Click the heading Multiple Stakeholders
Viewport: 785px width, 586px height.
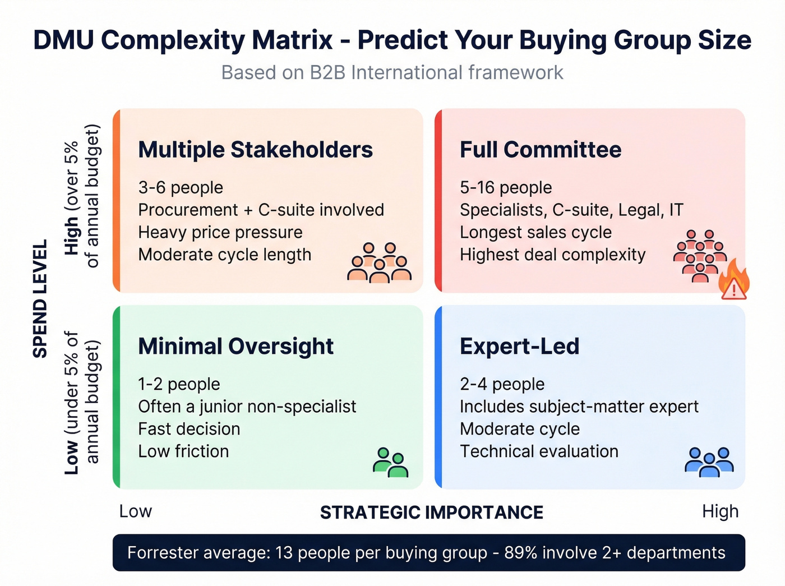255,150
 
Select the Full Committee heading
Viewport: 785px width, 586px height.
541,150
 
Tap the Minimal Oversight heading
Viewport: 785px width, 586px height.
235,346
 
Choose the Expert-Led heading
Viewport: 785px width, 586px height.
519,346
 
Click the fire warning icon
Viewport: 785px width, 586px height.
734,280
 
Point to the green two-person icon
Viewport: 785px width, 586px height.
390,463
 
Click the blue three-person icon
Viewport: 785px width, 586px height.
709,462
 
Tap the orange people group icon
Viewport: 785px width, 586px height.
379,262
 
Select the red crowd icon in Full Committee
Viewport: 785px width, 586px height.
699,255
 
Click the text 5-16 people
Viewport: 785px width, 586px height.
506,187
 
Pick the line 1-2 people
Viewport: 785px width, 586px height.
179,384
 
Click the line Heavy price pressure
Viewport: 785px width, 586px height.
220,232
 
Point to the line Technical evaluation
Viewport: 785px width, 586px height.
539,451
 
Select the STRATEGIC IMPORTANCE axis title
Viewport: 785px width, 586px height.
431,512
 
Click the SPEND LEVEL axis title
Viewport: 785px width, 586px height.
40,298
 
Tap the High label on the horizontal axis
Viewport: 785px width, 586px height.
720,511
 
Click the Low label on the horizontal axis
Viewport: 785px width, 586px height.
135,511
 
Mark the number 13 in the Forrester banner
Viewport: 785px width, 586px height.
284,553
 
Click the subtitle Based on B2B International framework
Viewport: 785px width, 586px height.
392,73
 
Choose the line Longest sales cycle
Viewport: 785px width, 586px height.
535,232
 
